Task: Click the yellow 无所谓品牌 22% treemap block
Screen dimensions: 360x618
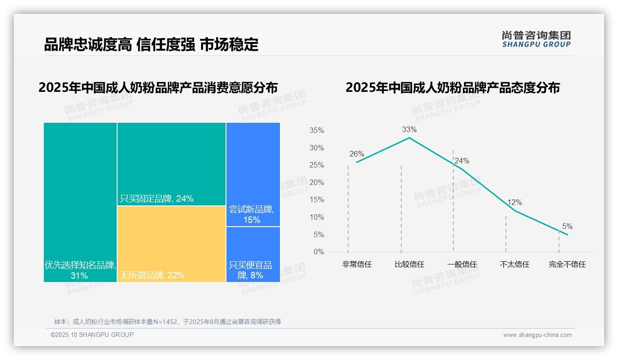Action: pos(171,244)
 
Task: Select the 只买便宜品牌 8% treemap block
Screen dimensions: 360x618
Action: pos(253,254)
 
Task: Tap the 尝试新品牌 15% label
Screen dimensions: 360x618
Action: pos(251,215)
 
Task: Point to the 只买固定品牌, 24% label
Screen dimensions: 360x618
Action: pos(156,199)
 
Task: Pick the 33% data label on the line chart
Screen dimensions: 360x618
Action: pos(409,130)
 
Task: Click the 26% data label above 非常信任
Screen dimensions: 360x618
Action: pos(357,154)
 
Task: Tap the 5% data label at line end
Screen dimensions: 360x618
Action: pos(567,227)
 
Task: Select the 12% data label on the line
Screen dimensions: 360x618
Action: pos(514,203)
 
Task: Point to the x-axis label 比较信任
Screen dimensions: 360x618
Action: pos(409,264)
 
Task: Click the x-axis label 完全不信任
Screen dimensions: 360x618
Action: pos(567,264)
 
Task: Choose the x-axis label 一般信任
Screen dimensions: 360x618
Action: pos(462,264)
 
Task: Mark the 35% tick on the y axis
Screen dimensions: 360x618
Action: pos(316,131)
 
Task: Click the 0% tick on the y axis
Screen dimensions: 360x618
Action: pos(318,252)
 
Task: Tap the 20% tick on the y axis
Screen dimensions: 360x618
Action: pos(316,183)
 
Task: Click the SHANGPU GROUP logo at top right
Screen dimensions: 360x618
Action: pos(536,39)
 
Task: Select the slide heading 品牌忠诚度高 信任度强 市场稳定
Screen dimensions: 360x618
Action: pos(151,44)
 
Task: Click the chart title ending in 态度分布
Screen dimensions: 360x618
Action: pos(452,88)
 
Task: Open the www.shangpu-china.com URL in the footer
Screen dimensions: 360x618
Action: pos(537,335)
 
